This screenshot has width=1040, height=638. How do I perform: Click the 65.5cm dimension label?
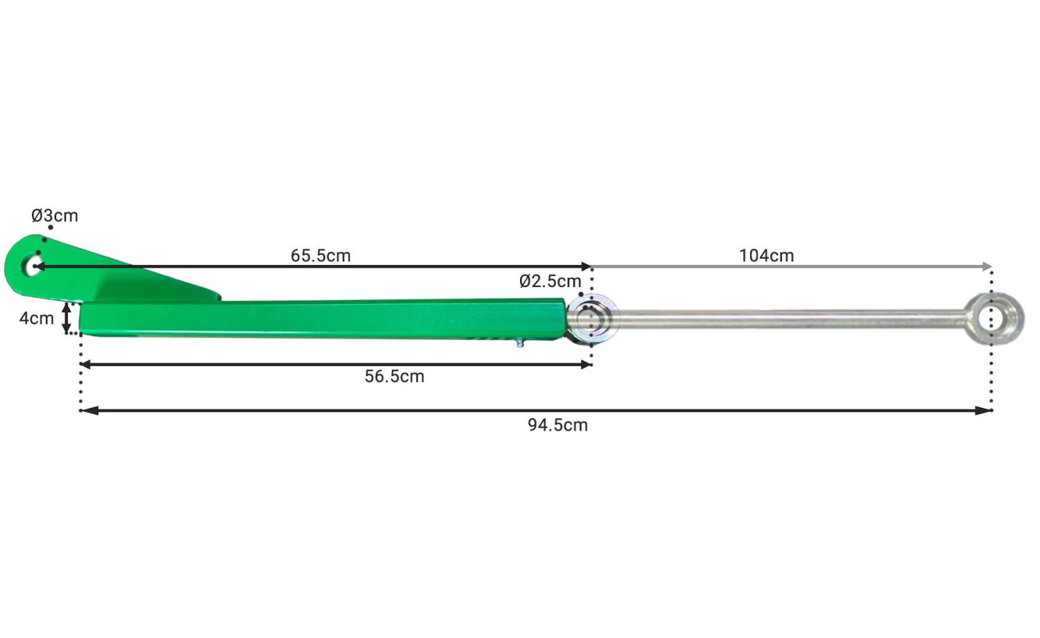[320, 256]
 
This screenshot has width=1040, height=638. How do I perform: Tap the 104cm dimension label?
[766, 256]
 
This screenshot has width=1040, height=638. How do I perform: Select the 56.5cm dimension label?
[395, 377]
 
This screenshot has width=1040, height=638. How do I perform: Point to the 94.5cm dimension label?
[557, 425]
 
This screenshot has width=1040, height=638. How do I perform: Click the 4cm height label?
[37, 318]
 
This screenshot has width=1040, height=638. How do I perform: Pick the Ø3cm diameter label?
[55, 216]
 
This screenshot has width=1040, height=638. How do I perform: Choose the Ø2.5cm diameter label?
[551, 282]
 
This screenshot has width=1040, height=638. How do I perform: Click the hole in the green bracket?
[33, 266]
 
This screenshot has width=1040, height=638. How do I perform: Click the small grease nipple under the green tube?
[520, 343]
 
